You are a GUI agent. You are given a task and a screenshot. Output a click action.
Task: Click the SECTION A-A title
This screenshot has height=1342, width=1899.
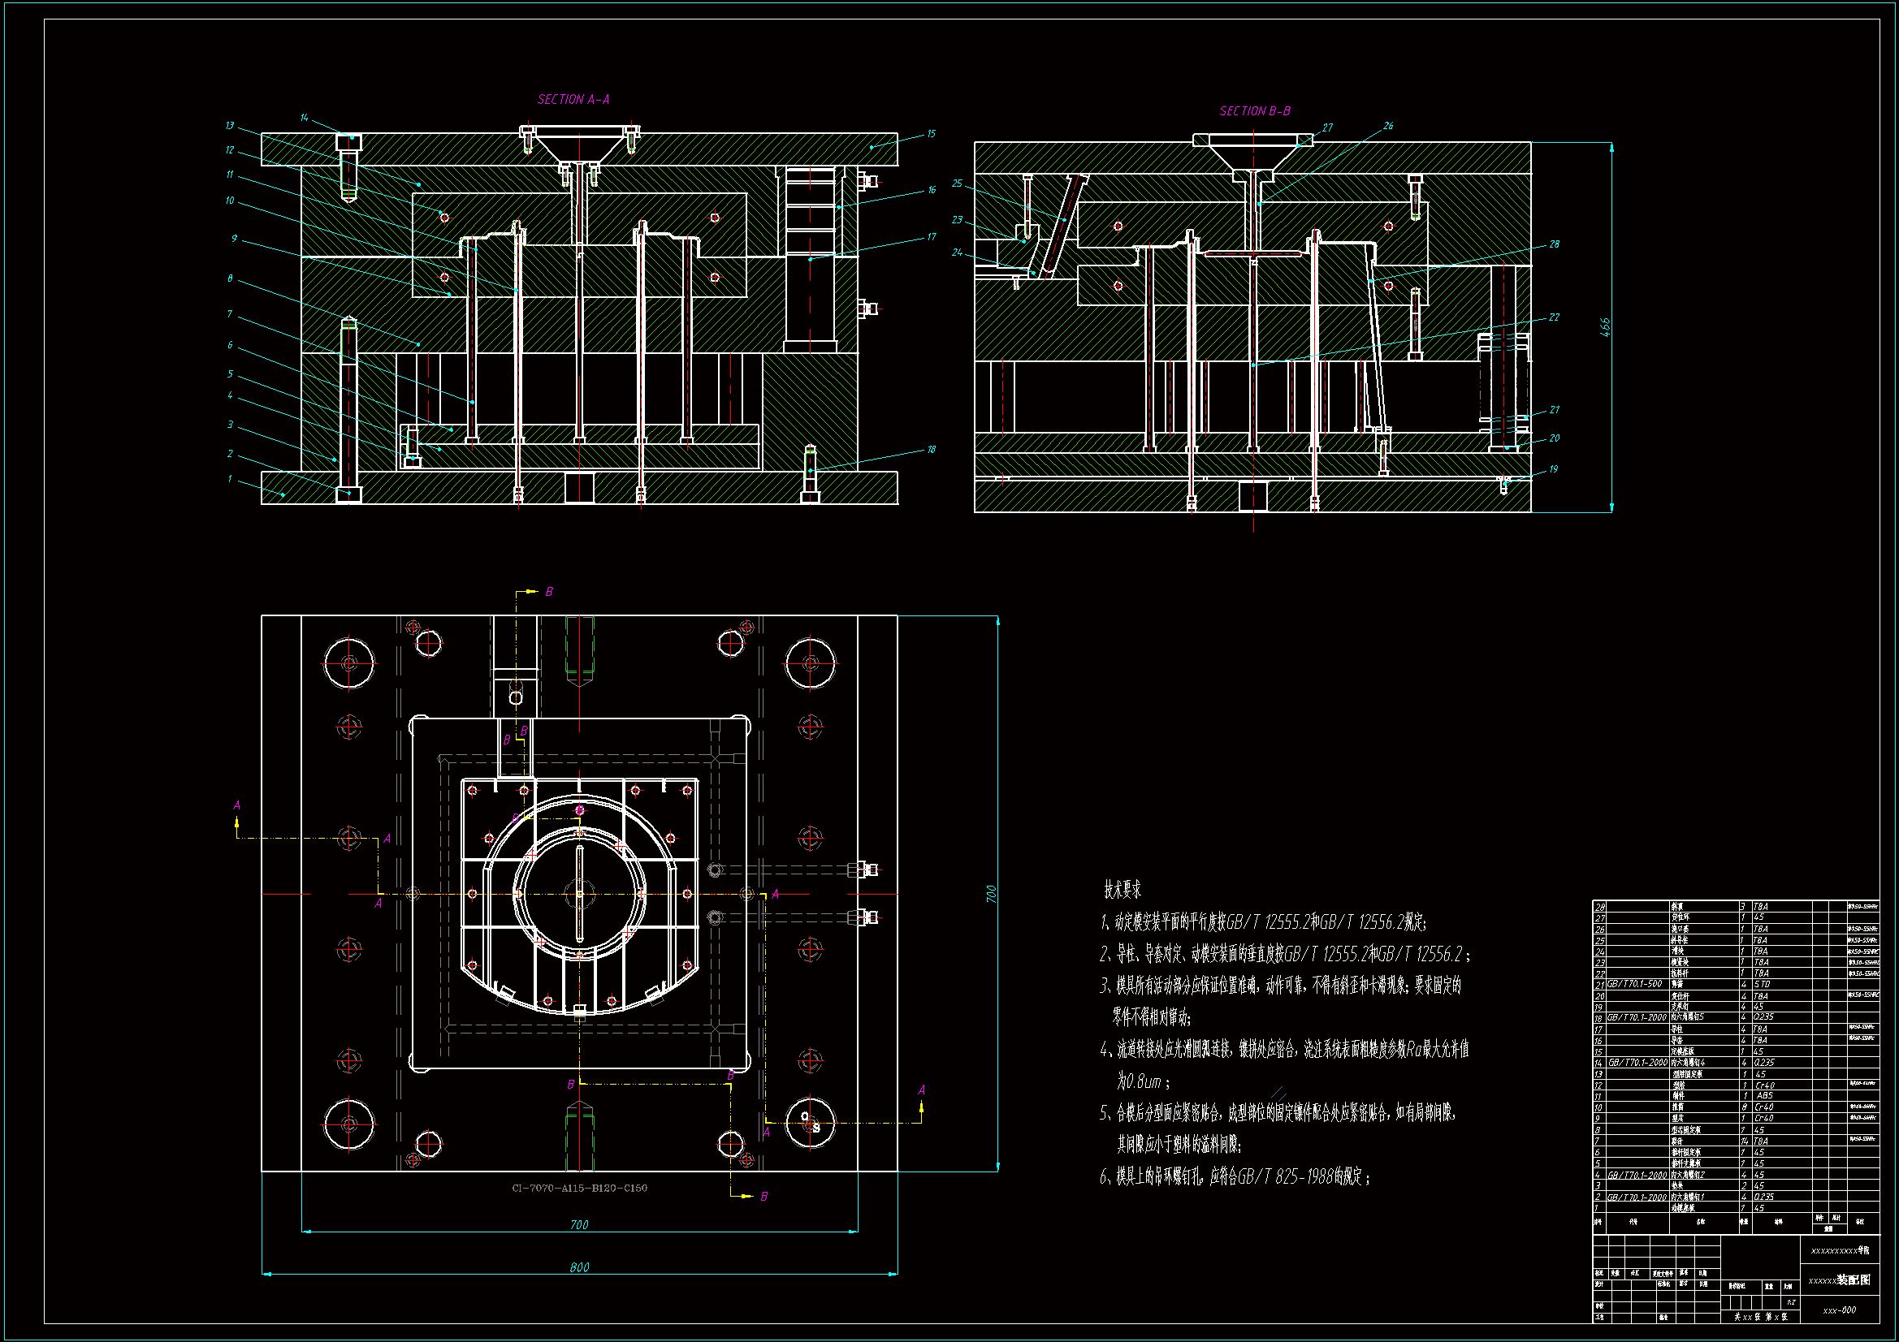tap(573, 100)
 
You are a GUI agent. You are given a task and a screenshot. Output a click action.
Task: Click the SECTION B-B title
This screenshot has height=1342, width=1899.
tap(1255, 111)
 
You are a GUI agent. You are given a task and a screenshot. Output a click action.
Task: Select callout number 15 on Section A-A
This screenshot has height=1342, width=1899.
tap(931, 134)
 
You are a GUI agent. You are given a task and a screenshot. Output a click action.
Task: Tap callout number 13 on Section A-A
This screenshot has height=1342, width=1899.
tap(230, 126)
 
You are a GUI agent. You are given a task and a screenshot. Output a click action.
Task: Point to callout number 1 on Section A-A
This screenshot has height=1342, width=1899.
tap(230, 479)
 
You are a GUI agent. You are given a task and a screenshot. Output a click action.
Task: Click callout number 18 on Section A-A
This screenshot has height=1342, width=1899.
tap(931, 450)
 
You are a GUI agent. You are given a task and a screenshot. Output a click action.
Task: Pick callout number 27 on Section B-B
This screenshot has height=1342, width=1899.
tap(1327, 128)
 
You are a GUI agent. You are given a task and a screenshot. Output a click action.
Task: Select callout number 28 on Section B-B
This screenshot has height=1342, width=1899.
tap(1554, 244)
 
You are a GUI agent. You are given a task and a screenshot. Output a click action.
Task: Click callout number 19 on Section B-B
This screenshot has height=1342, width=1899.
tap(1553, 469)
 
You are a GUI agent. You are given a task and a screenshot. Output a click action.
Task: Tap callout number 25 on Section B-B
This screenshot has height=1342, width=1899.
tap(957, 183)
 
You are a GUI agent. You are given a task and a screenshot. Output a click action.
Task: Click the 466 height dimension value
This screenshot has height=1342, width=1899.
tap(1604, 326)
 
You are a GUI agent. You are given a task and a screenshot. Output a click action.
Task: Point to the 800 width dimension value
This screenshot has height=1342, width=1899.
tap(579, 1267)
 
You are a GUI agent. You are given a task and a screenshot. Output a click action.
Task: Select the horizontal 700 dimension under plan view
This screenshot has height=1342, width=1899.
tap(579, 1224)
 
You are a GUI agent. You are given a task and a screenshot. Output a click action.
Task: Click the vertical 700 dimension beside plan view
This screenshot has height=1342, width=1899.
tap(991, 894)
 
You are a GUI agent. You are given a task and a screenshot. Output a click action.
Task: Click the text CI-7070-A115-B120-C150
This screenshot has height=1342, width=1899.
tap(579, 1189)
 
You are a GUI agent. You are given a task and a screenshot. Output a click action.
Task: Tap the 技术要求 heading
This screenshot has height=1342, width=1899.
tap(1123, 890)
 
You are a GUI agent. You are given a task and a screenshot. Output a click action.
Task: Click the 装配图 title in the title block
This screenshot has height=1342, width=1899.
tap(1854, 1279)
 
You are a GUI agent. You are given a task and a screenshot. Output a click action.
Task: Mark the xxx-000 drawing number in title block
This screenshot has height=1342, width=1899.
tap(1840, 1310)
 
